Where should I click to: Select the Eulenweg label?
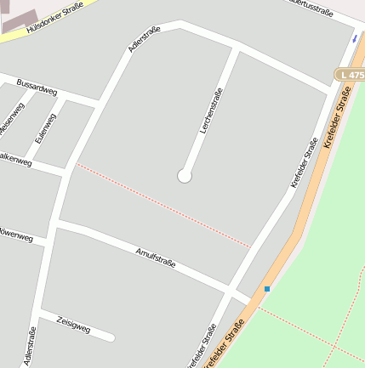point(46,127)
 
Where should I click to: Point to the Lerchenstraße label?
point(211,111)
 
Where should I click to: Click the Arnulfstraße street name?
point(156,257)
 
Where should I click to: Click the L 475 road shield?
point(350,75)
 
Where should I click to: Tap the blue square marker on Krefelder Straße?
point(267,289)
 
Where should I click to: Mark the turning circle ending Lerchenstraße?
point(184,176)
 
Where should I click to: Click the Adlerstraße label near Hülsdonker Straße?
point(144,40)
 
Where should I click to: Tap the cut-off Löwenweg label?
point(16,235)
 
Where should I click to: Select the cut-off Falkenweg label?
point(15,158)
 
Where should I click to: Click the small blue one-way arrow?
point(354,38)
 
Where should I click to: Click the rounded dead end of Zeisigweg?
point(111,337)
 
